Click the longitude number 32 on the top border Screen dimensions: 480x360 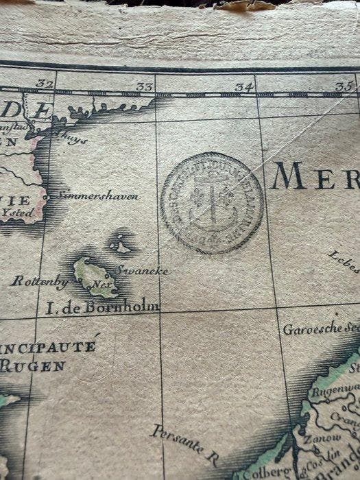[x=47, y=84]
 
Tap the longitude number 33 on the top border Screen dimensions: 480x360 [x=144, y=86]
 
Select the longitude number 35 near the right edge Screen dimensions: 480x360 [x=342, y=87]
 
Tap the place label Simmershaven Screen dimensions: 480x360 [x=97, y=195]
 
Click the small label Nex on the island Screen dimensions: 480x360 [x=101, y=283]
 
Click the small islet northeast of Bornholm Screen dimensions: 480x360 [x=120, y=243]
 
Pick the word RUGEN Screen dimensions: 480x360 [x=32, y=365]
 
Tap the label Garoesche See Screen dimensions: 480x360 [x=320, y=329]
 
